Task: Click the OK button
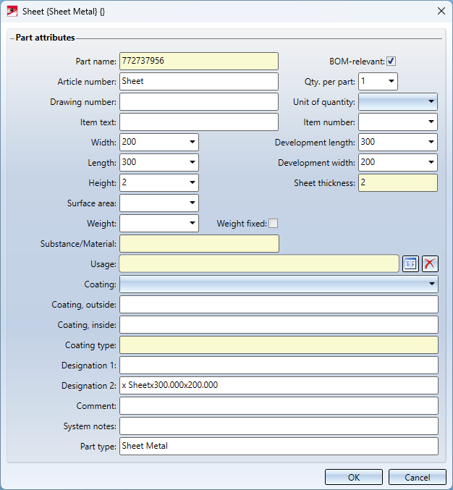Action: pyautogui.click(x=354, y=477)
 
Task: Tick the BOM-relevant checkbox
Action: pyautogui.click(x=391, y=62)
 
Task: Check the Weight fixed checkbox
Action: pyautogui.click(x=274, y=224)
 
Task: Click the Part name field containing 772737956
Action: pyautogui.click(x=199, y=61)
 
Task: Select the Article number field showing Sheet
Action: pyautogui.click(x=199, y=81)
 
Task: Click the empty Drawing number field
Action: pyautogui.click(x=199, y=101)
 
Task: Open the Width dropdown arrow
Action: pyautogui.click(x=192, y=142)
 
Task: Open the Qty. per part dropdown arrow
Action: pyautogui.click(x=391, y=81)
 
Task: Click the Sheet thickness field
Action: pyautogui.click(x=398, y=183)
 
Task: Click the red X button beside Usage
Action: pyautogui.click(x=430, y=263)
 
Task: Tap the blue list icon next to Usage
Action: pyautogui.click(x=410, y=263)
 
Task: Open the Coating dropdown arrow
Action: pyautogui.click(x=432, y=284)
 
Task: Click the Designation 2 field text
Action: pyautogui.click(x=169, y=385)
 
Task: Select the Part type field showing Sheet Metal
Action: pyautogui.click(x=279, y=447)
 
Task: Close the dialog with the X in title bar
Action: pyautogui.click(x=441, y=12)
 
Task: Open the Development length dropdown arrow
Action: pyautogui.click(x=431, y=142)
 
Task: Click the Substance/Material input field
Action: pyautogui.click(x=199, y=244)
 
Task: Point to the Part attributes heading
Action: pyautogui.click(x=46, y=38)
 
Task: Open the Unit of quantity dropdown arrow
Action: pyautogui.click(x=431, y=101)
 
